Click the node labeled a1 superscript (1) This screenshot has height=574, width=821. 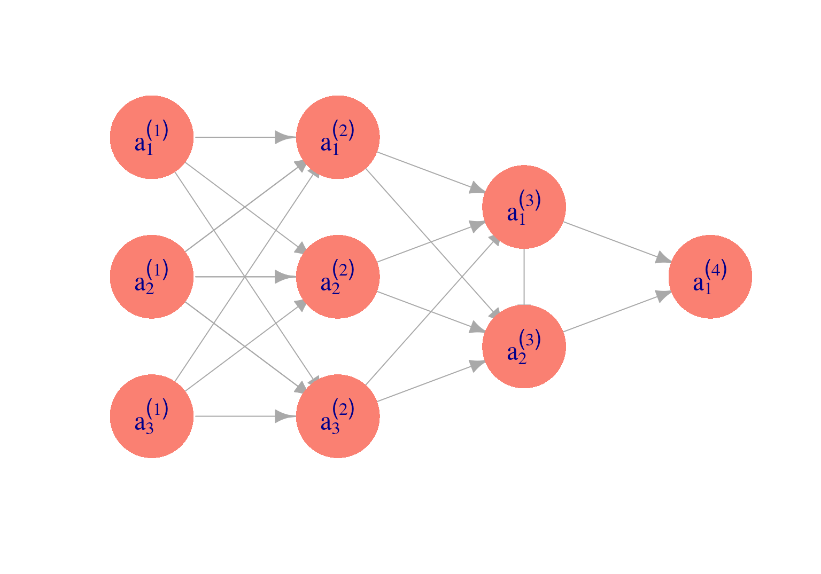click(x=152, y=137)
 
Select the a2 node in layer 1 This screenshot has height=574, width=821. click(x=152, y=277)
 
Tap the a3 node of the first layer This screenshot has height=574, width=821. click(x=152, y=416)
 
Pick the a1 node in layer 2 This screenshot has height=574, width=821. click(x=338, y=137)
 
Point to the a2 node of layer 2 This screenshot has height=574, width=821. click(x=338, y=277)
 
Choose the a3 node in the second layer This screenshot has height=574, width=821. click(x=338, y=416)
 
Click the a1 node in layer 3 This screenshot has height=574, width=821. click(x=524, y=207)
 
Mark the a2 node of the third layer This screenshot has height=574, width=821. click(x=524, y=347)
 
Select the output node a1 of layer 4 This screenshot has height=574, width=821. click(x=710, y=277)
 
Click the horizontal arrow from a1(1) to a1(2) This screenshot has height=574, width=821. click(x=245, y=137)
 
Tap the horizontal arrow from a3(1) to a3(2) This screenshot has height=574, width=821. click(x=245, y=416)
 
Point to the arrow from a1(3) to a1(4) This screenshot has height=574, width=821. click(x=617, y=242)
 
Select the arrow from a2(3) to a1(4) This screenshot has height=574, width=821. click(x=617, y=311)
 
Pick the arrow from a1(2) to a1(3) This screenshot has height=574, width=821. click(x=431, y=172)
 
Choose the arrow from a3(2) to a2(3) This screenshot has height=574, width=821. click(x=431, y=381)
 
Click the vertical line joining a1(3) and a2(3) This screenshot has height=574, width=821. click(x=524, y=277)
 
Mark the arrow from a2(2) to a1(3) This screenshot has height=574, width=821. click(x=431, y=242)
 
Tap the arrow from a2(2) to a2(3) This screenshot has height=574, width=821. click(x=431, y=311)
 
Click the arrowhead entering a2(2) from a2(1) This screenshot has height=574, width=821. click(x=286, y=277)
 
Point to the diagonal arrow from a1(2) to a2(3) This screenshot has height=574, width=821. click(x=433, y=243)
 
